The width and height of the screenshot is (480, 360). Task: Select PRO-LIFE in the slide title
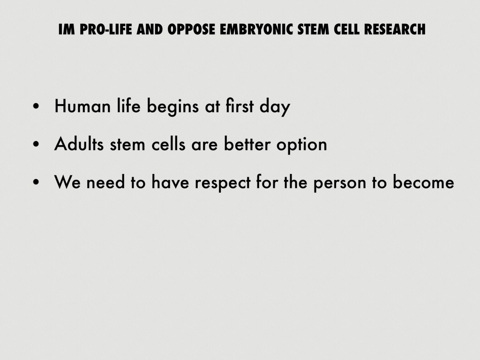tap(106, 30)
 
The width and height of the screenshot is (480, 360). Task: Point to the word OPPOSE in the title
tap(191, 30)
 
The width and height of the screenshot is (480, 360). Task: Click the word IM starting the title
tap(67, 30)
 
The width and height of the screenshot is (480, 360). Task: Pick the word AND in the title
tap(150, 30)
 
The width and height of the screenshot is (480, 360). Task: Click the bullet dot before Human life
tap(36, 106)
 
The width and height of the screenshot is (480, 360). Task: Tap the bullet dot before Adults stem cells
tap(36, 144)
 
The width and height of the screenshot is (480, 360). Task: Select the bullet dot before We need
tap(36, 182)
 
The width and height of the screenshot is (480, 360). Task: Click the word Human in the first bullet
tap(82, 106)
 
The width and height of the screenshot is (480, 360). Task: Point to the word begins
tap(172, 106)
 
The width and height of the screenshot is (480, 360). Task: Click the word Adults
tap(79, 143)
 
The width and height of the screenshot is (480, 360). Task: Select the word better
tap(247, 143)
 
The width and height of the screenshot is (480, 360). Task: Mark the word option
tap(302, 145)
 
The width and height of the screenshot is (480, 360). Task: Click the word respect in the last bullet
tap(223, 183)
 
